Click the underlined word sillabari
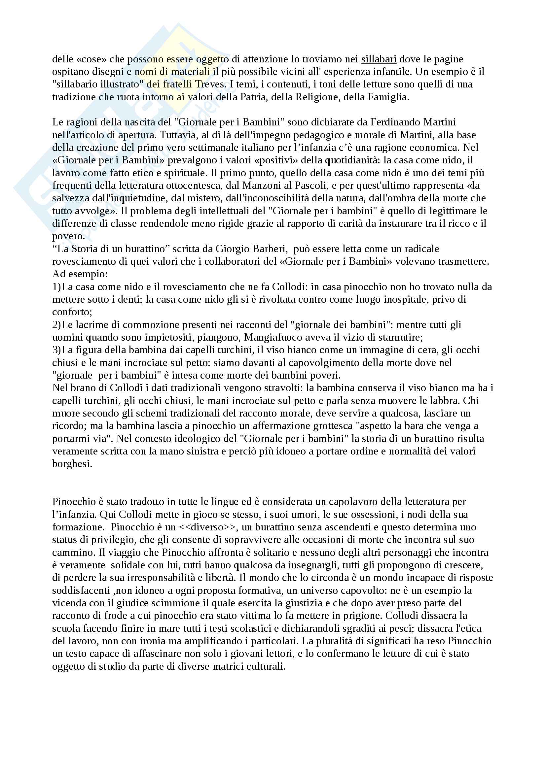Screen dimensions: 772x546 click(x=379, y=59)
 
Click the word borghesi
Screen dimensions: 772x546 click(x=72, y=464)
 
